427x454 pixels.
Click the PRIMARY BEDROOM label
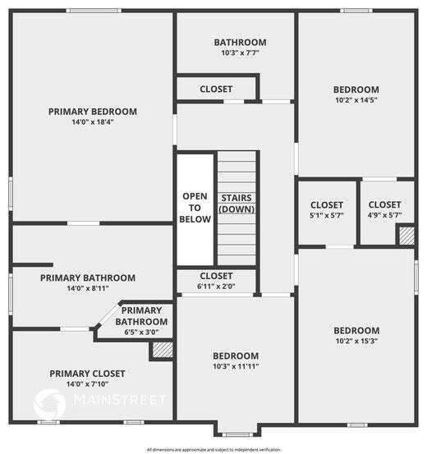(92, 112)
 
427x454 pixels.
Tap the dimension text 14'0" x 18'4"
(92, 122)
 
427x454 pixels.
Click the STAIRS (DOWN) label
(236, 204)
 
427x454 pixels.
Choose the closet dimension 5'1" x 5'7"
(327, 216)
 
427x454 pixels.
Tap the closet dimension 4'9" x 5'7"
(384, 216)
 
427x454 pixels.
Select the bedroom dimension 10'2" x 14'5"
(356, 101)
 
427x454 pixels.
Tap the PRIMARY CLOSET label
(79, 374)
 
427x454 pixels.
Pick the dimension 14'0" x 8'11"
(88, 289)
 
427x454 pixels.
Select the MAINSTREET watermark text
(120, 400)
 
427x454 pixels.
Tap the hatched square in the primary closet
(162, 350)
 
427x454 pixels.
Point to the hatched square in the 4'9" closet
(405, 236)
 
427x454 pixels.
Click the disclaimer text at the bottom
(213, 449)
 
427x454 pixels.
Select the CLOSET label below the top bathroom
(216, 89)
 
